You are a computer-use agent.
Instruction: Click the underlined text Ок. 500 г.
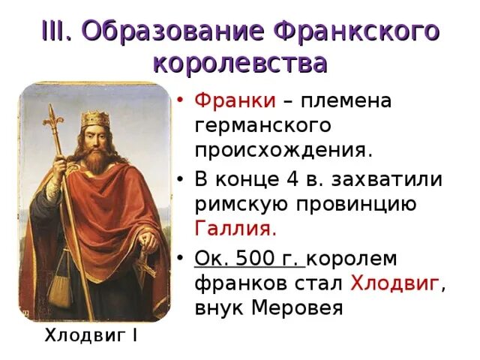(250, 259)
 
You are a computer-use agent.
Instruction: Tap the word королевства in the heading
(239, 63)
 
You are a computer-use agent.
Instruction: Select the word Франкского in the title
(356, 31)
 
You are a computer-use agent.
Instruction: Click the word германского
(262, 124)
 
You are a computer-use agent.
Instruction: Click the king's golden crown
(94, 118)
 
